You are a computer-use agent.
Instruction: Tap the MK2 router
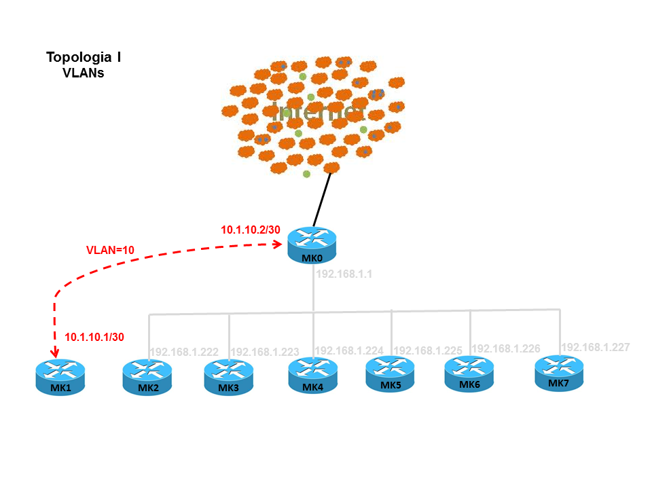pos(147,378)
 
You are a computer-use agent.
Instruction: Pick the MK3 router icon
pos(229,377)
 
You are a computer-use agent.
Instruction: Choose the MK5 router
pos(391,374)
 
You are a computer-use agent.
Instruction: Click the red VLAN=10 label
pos(110,250)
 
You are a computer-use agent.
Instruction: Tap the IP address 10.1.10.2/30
pos(251,230)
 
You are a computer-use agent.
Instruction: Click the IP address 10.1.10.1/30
pos(94,336)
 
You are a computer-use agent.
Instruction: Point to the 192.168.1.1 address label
pos(346,275)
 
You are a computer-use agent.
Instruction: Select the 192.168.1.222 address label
pos(184,352)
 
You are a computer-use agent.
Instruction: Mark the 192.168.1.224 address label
pos(349,350)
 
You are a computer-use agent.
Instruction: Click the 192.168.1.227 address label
pos(595,346)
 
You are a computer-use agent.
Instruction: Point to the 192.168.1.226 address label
pos(506,348)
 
